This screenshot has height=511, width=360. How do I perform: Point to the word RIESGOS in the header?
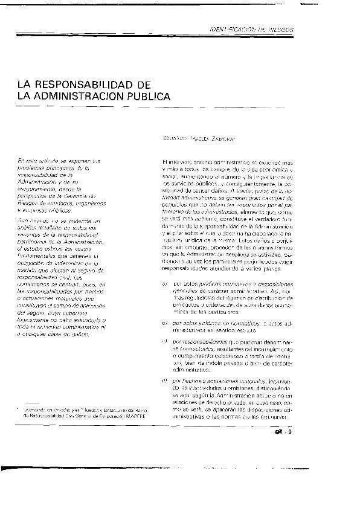pyautogui.click(x=279, y=29)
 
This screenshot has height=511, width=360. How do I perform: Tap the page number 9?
pyautogui.click(x=289, y=448)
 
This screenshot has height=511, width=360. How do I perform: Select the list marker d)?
pyautogui.click(x=164, y=397)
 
